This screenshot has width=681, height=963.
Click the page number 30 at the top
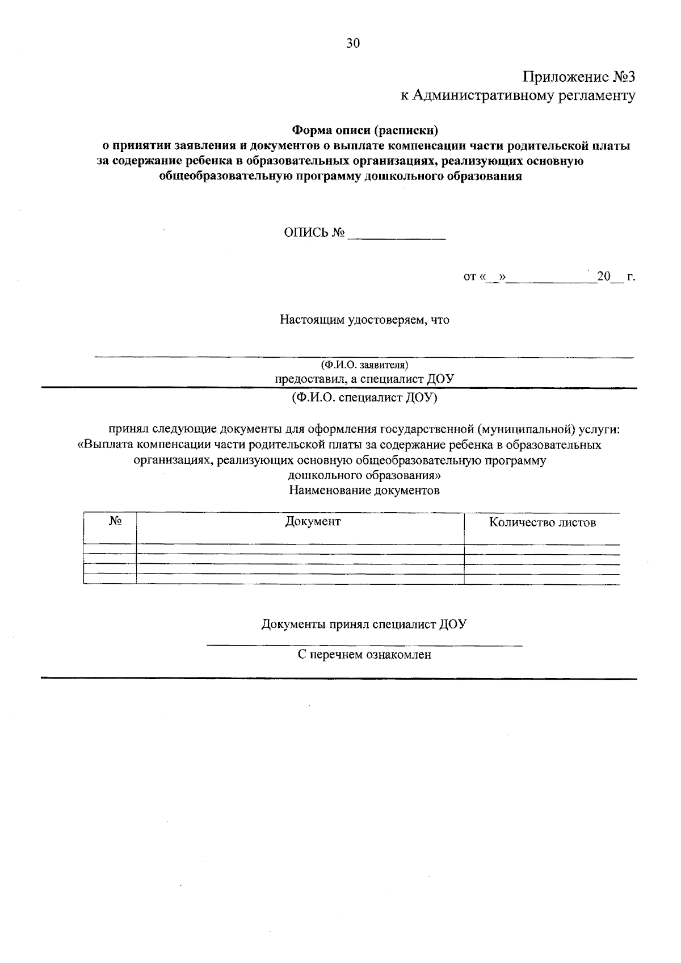point(353,44)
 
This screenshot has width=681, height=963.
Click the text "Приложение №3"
point(578,77)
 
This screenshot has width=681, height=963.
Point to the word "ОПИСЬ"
point(306,233)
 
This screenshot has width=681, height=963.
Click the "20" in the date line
point(603,277)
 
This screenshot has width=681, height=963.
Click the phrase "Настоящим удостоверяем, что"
point(364,320)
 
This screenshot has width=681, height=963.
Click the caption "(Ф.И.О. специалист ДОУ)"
point(364,397)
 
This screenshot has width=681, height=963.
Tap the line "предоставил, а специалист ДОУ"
point(364,379)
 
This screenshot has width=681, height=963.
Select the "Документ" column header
point(313,521)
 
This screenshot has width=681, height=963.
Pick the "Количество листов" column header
point(542,522)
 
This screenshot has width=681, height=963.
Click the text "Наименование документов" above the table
point(364,490)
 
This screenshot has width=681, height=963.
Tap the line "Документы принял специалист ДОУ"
point(364,625)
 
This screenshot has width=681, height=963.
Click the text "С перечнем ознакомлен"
point(364,655)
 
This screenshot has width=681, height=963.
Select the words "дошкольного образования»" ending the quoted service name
point(364,475)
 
